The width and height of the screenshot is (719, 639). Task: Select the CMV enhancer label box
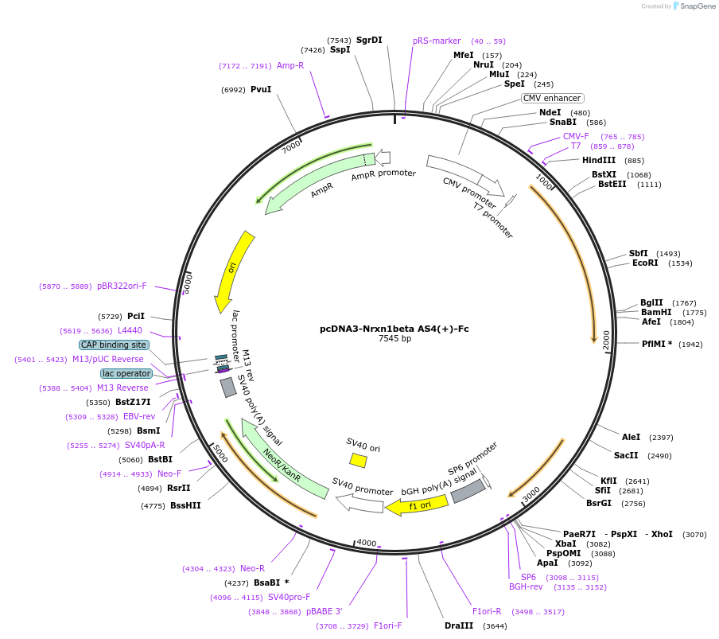click(x=552, y=98)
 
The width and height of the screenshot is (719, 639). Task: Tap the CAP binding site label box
click(x=113, y=345)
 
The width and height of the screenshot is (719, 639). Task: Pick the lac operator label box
click(x=126, y=373)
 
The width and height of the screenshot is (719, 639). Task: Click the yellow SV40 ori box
click(x=359, y=460)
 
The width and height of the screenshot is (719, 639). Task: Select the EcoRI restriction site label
click(x=645, y=263)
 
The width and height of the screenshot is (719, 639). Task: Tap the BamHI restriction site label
click(x=656, y=312)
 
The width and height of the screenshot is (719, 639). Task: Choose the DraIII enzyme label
click(x=459, y=625)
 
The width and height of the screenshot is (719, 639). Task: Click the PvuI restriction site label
click(x=261, y=89)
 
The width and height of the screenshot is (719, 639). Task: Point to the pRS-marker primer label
click(x=437, y=41)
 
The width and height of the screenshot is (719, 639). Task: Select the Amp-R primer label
click(x=290, y=65)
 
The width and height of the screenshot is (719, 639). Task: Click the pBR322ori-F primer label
click(x=122, y=286)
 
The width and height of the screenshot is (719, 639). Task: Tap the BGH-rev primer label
click(x=526, y=587)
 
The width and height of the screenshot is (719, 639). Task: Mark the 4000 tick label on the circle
click(x=367, y=543)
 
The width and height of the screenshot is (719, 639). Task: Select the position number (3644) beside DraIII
click(x=495, y=625)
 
